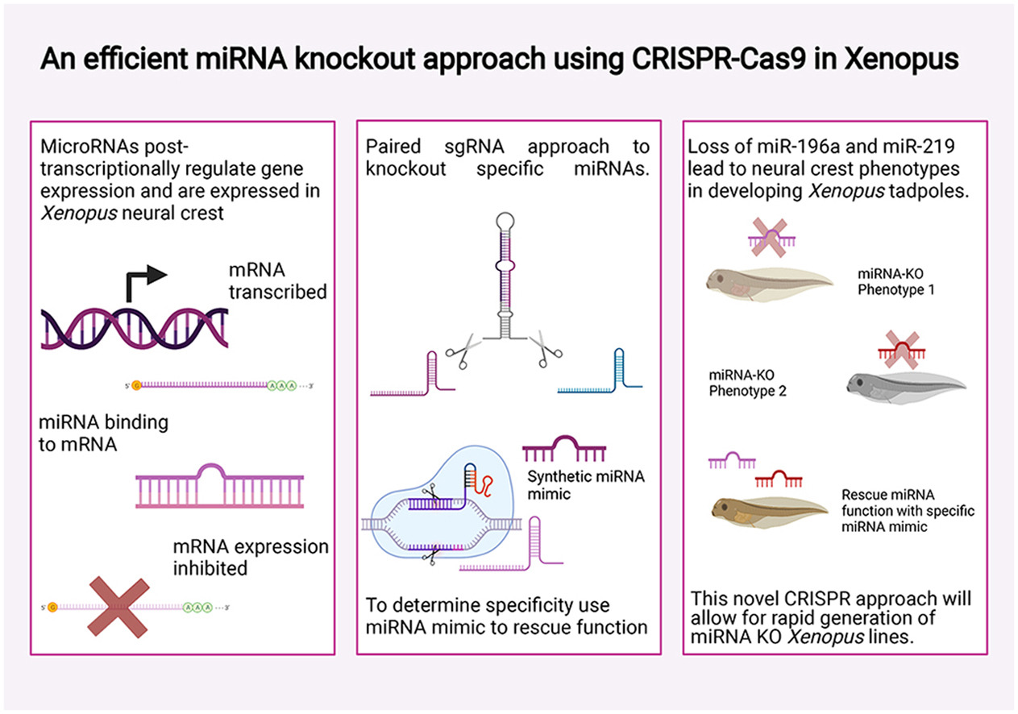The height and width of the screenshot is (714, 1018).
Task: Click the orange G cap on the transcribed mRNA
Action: (135, 386)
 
